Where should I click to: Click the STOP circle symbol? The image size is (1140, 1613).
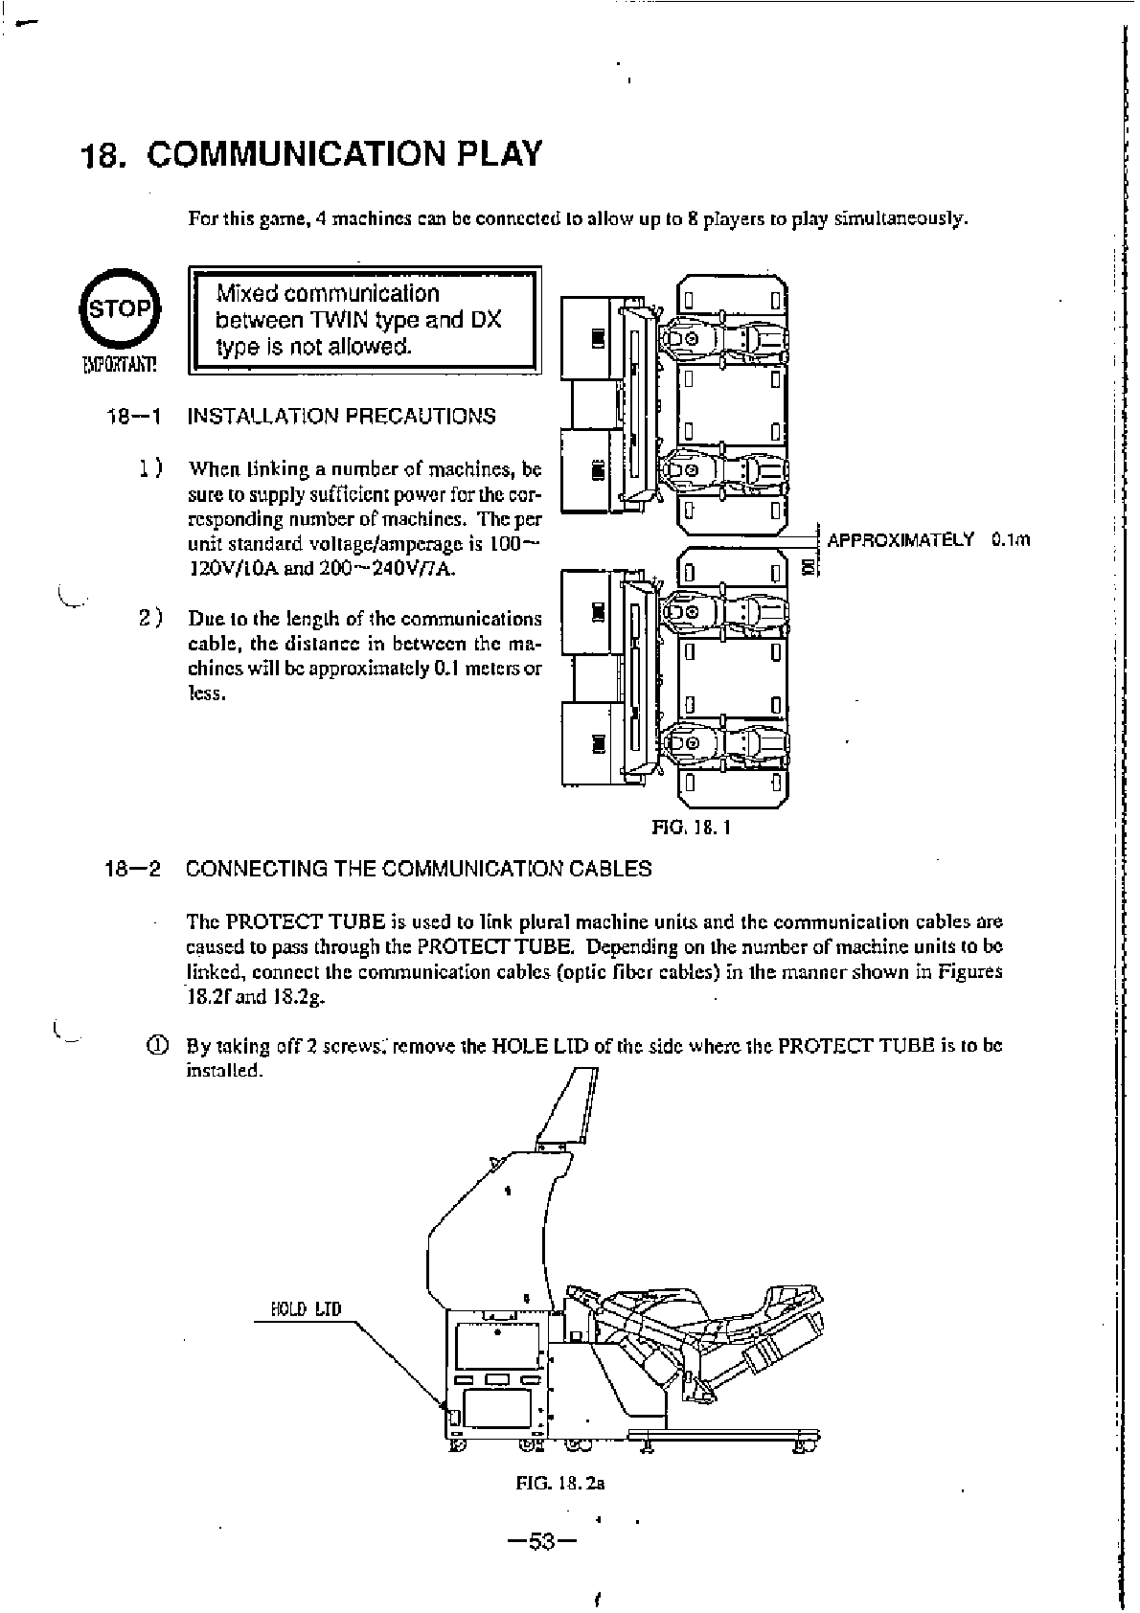coord(120,308)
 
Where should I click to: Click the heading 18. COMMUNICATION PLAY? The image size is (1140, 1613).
coord(311,154)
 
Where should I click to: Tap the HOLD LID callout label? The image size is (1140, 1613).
coord(306,1308)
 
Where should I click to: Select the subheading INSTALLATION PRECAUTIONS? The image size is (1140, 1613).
coord(342,416)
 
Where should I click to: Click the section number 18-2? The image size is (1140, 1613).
coord(133,869)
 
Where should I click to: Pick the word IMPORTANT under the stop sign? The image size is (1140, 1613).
coord(120,364)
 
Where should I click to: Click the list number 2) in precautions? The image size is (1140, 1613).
coord(150,618)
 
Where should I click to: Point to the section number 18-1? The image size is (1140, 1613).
coord(133,416)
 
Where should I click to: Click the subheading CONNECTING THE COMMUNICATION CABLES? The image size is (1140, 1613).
coord(419,869)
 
